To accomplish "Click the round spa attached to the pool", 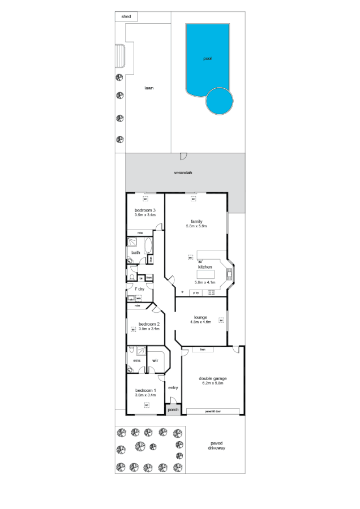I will point(219,101).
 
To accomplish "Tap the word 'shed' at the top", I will point(126,16).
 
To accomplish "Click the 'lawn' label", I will point(149,88).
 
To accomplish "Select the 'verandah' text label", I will point(183,172).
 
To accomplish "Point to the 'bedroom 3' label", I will point(145,210).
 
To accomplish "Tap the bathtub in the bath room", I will point(149,247).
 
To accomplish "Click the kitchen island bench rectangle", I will point(205,274).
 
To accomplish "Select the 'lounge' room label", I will point(199,317).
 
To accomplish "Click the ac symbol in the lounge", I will point(221,320).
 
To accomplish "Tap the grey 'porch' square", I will point(173,409).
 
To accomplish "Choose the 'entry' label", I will point(173,387).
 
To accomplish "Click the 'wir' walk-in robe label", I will point(155,360).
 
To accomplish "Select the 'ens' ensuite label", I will point(136,360).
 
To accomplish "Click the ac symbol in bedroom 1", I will point(146,404).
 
